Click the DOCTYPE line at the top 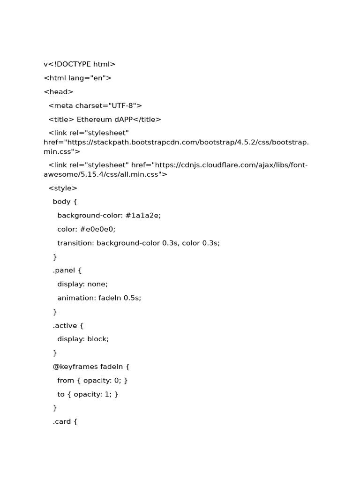point(79,64)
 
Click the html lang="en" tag point(77,78)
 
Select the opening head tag point(59,92)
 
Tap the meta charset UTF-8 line point(95,105)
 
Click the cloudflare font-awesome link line point(178,165)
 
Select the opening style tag point(63,188)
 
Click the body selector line point(65,202)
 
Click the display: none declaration point(82,284)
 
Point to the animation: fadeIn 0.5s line point(99,298)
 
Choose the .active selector point(68,325)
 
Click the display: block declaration point(83,339)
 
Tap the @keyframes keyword point(75,367)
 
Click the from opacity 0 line point(92,380)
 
